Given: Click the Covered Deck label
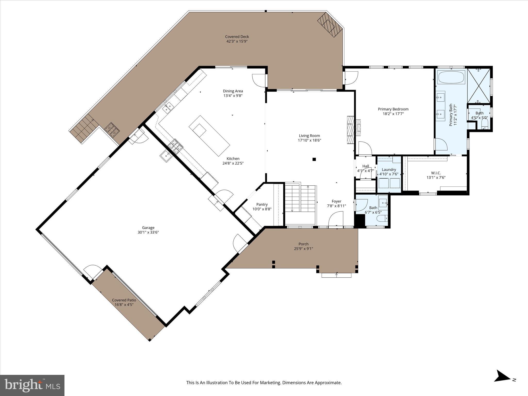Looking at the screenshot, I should point(237,37).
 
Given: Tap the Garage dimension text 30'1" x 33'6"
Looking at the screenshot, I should point(148,232).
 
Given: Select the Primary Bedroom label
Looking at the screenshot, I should point(393,109).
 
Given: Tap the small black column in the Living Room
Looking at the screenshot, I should point(314,159).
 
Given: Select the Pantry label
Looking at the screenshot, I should point(262,204).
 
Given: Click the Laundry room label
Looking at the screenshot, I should point(389,169).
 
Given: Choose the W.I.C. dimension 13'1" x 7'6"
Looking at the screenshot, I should point(436,177).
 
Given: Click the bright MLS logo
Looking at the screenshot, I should point(32,385).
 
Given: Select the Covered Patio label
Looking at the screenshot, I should point(124,300).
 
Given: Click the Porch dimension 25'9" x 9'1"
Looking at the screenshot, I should point(303,249).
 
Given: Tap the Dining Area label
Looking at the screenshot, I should point(233,91).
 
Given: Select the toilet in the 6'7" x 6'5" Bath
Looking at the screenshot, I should point(382,219).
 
